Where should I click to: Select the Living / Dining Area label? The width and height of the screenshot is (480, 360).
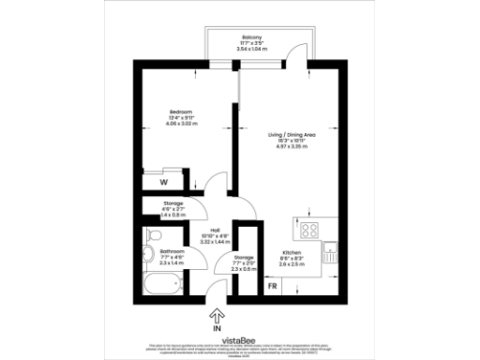[x=288, y=134]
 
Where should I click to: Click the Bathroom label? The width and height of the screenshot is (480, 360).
[x=172, y=252]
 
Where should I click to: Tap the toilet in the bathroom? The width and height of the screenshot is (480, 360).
[x=148, y=254]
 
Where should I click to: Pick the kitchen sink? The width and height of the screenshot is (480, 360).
[x=330, y=249]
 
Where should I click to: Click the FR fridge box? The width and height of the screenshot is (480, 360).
[x=273, y=286]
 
